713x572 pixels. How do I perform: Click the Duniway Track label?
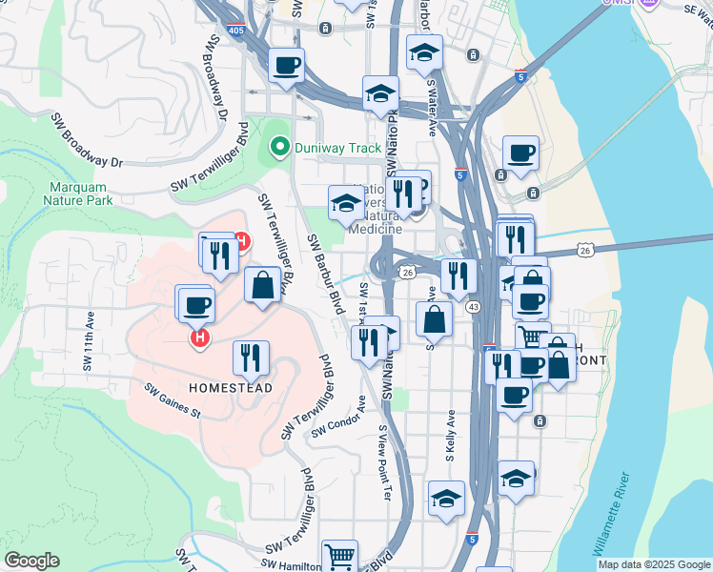[337, 148]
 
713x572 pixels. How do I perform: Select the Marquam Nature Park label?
[78, 194]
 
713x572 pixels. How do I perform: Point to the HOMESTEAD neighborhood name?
[231, 388]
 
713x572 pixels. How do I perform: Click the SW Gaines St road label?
[173, 400]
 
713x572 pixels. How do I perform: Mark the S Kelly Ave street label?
[451, 437]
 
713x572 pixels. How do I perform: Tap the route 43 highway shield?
[472, 307]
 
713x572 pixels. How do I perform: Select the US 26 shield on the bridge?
[585, 250]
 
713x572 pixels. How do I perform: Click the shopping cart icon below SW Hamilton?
[339, 554]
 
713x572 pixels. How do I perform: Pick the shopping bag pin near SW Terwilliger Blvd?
[262, 284]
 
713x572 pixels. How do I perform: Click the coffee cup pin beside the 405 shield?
[286, 65]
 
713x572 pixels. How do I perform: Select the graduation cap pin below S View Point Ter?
[446, 498]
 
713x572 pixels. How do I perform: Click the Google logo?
[31, 561]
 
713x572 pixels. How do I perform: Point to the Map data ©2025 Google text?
[654, 564]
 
